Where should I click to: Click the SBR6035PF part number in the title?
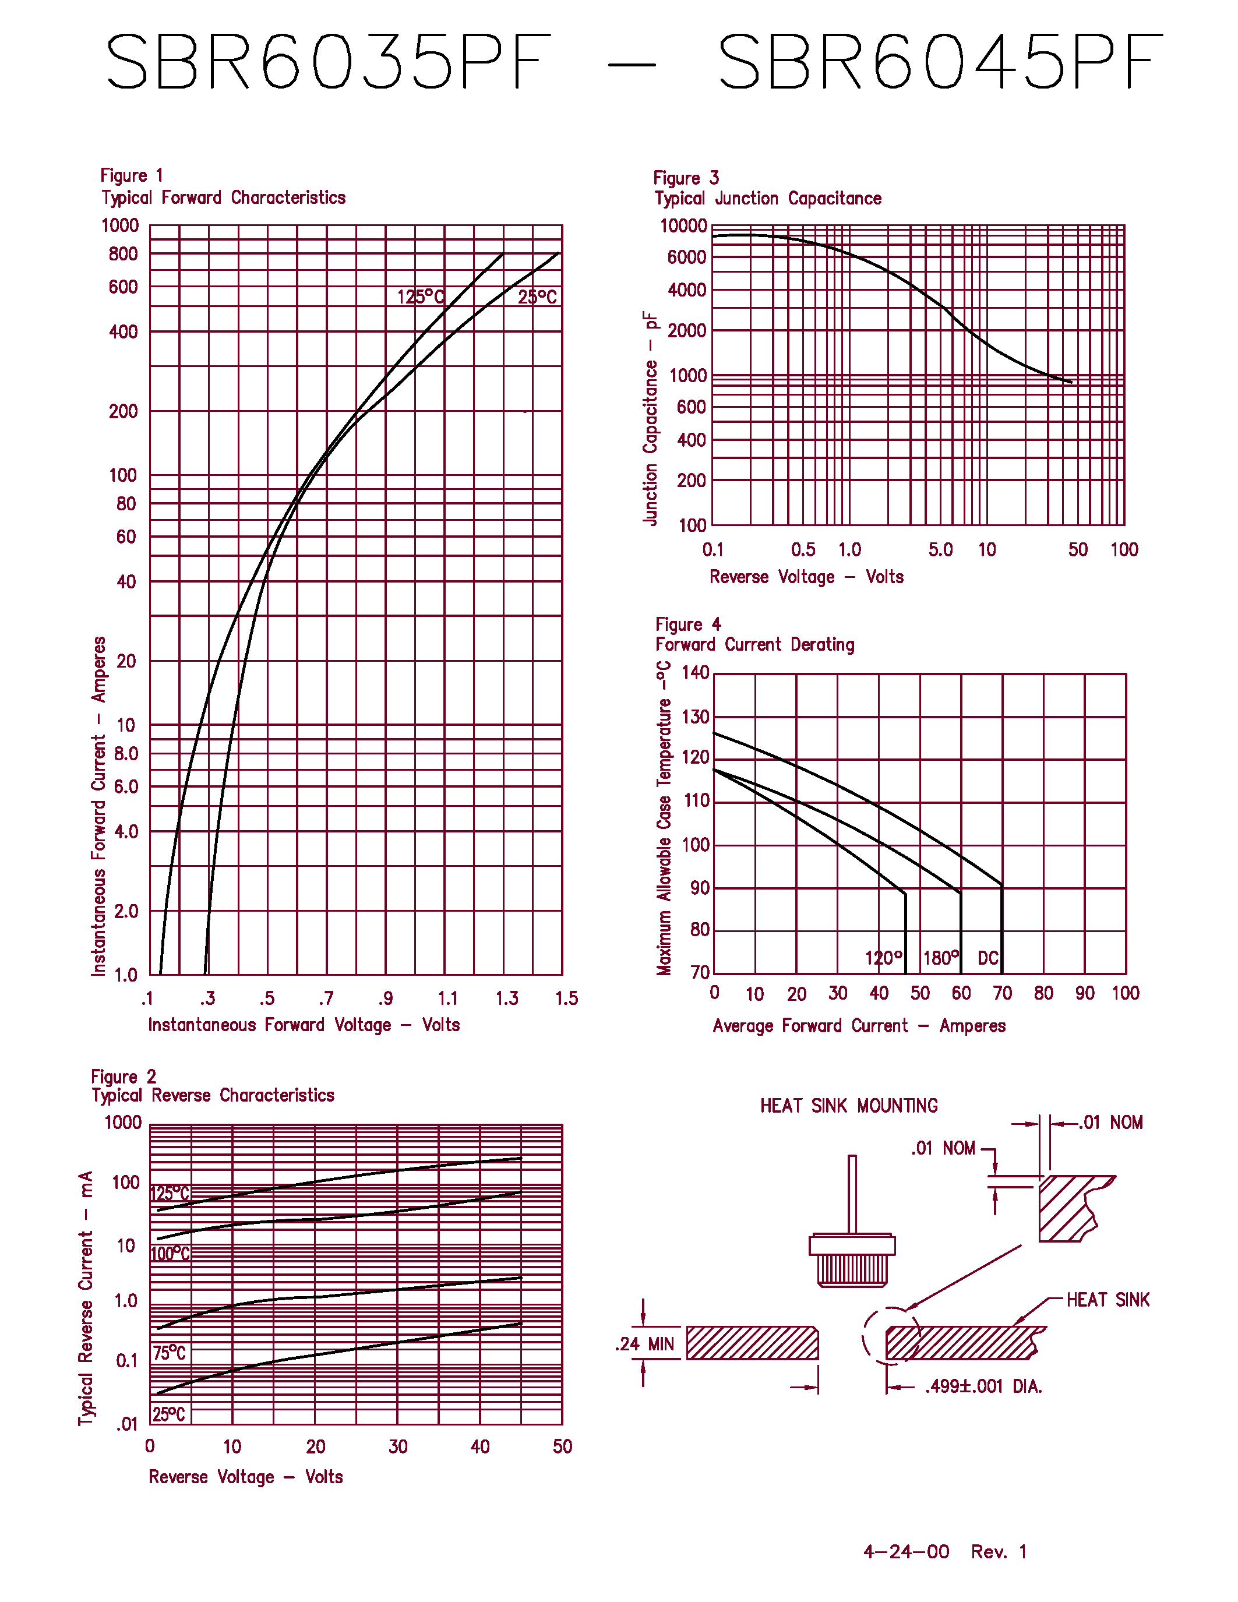click(329, 62)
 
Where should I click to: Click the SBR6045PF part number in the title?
click(940, 62)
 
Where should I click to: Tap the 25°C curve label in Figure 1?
click(538, 297)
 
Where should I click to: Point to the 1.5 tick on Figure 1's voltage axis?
click(566, 998)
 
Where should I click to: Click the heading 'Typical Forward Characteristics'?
click(224, 198)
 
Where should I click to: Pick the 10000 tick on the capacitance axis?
click(683, 226)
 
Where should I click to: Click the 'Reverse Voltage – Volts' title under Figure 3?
click(806, 577)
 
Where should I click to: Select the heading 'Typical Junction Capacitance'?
click(768, 199)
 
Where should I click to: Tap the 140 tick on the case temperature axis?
click(695, 673)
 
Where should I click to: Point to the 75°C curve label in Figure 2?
click(170, 1353)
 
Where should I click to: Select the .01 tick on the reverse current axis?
click(127, 1424)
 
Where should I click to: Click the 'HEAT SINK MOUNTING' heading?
click(849, 1106)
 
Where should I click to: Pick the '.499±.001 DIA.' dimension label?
click(983, 1386)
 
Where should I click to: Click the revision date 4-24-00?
click(907, 1551)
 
